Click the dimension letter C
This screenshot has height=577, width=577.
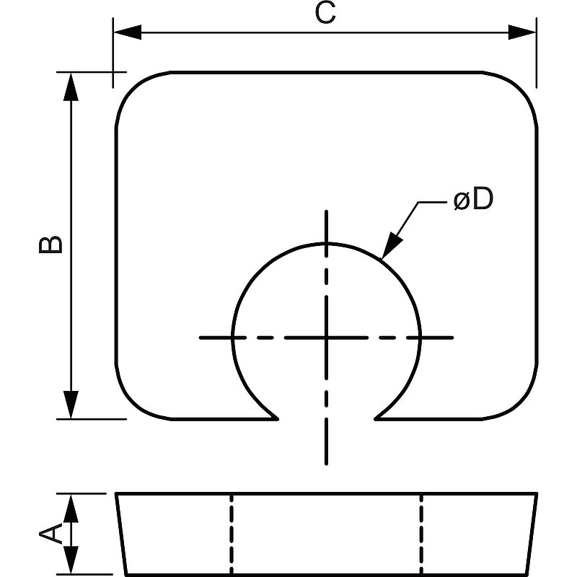click(325, 13)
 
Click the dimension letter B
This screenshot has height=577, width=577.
click(50, 245)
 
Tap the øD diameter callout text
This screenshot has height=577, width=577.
click(473, 199)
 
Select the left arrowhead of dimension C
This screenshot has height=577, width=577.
click(128, 32)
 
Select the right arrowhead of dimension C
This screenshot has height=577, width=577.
click(521, 32)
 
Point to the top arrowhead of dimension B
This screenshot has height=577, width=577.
click(71, 87)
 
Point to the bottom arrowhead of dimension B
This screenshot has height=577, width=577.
click(71, 405)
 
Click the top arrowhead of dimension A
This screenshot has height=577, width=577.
click(71, 508)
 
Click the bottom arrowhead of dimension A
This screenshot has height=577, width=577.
click(71, 560)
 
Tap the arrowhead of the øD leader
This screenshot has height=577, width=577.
click(391, 245)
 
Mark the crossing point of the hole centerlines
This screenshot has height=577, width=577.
click(327, 337)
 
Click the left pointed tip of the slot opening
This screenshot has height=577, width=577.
click(278, 418)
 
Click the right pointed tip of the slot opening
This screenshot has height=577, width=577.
click(375, 418)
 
